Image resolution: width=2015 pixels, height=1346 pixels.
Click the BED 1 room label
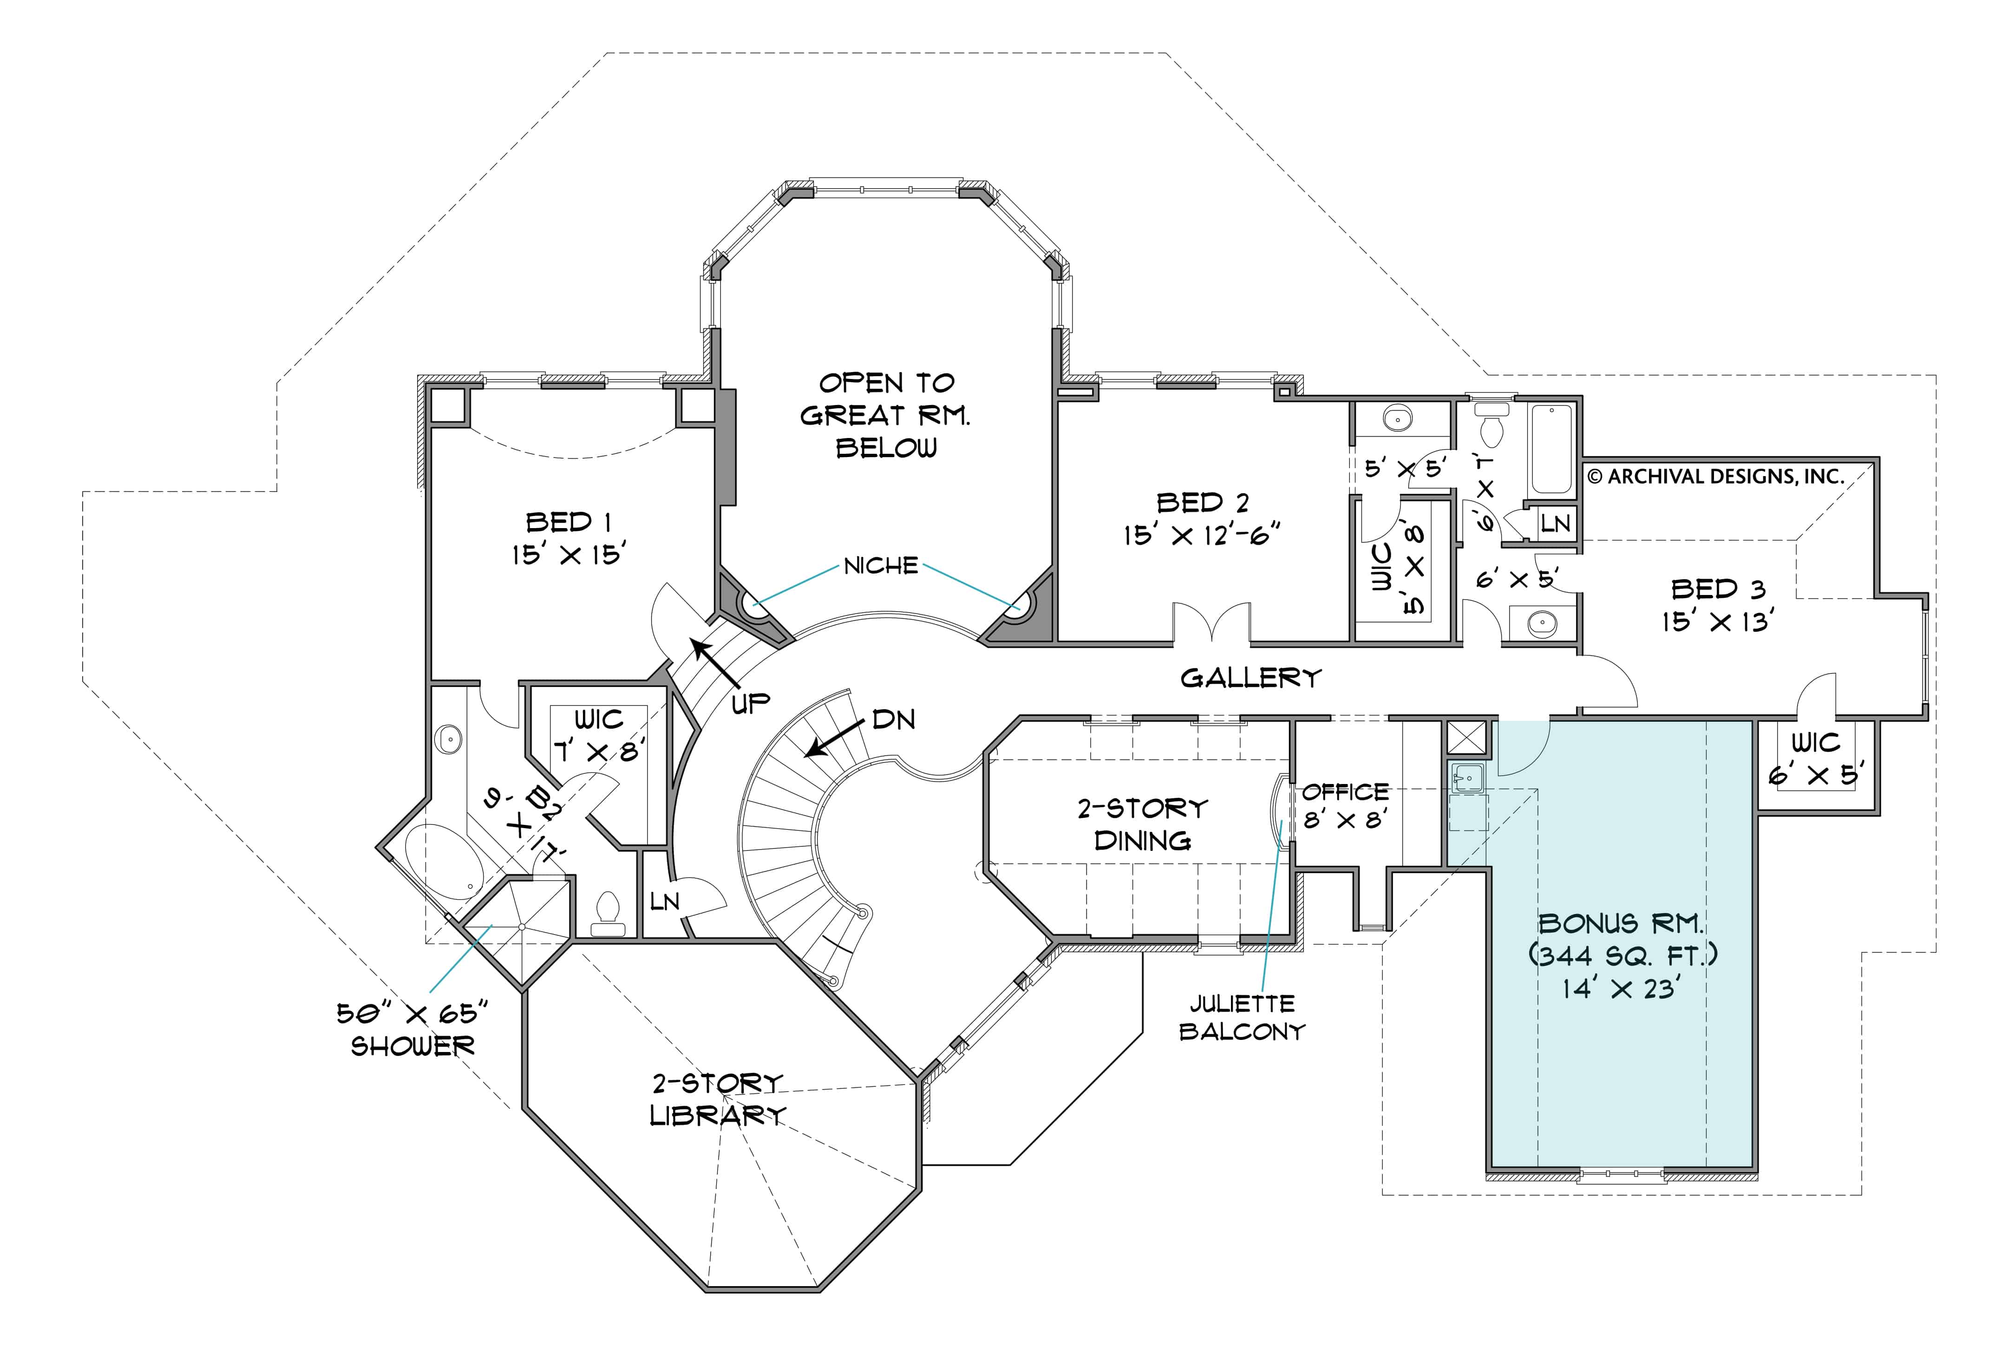(x=569, y=522)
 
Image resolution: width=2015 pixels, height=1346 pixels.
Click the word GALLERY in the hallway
(x=1250, y=678)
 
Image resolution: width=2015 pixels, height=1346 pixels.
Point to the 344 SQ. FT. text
(x=1622, y=955)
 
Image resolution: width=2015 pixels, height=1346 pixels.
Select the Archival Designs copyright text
(x=1715, y=477)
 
